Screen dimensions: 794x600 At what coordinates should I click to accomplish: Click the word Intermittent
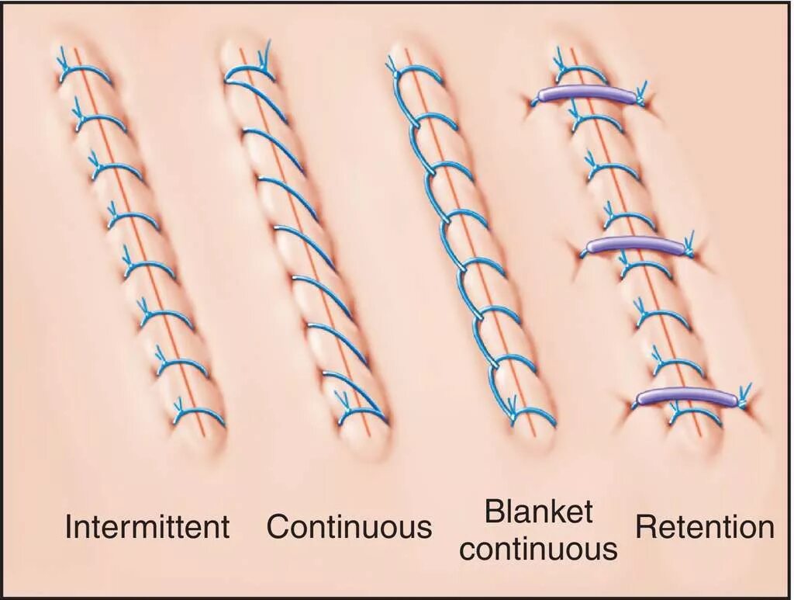(147, 527)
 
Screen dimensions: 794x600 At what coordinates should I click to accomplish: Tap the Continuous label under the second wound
(349, 527)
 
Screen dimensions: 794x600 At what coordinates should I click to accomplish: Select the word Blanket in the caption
(538, 512)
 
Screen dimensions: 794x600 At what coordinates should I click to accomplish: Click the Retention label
(705, 527)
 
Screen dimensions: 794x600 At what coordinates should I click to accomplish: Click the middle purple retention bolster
(635, 245)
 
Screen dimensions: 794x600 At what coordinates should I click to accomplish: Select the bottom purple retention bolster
(685, 397)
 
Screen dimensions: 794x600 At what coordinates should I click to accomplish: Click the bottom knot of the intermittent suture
(178, 407)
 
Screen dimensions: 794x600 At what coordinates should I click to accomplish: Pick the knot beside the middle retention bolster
(690, 242)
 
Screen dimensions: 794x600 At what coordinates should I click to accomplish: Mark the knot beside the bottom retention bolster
(744, 394)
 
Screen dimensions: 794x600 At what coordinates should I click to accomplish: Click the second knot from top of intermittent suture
(78, 109)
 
